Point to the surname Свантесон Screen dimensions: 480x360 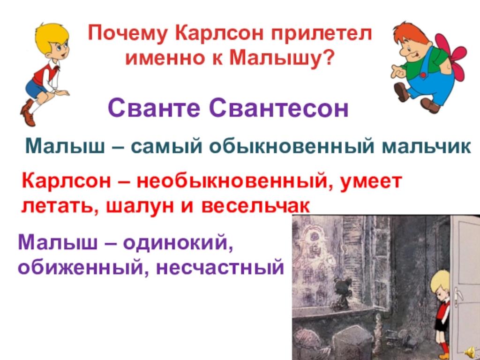tap(279, 108)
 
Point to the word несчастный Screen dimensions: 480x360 tap(220, 268)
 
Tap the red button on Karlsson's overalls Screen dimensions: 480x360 tap(423, 75)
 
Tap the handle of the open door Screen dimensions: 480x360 tap(457, 297)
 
